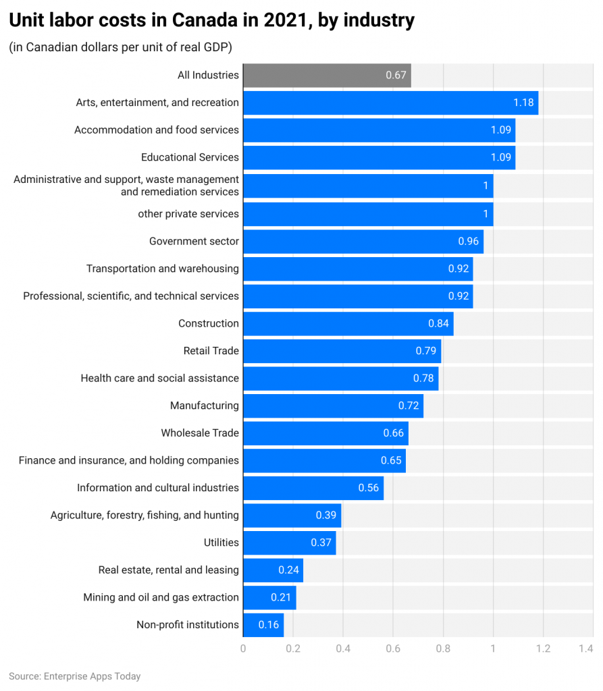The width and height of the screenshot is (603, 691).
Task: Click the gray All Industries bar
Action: (327, 75)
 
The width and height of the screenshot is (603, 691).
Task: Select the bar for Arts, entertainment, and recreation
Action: (390, 103)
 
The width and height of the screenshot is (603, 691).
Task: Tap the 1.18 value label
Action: (523, 103)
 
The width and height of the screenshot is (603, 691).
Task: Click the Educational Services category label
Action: (190, 157)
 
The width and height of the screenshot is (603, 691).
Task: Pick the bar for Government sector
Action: (363, 241)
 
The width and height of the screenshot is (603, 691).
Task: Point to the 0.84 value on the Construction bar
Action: (438, 323)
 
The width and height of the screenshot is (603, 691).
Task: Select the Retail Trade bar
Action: (342, 351)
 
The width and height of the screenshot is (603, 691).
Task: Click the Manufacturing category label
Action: (204, 406)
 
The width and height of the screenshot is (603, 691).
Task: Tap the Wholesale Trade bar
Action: (325, 433)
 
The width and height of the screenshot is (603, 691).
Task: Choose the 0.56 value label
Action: (369, 488)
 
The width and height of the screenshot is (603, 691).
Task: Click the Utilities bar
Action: (289, 543)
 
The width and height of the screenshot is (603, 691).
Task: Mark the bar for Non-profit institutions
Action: (263, 625)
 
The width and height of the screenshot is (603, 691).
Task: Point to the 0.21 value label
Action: (281, 597)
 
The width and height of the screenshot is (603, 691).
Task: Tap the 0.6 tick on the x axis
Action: (393, 648)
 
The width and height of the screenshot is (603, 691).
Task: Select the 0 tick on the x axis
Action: (243, 648)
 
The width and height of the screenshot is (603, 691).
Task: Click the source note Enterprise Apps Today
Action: (75, 675)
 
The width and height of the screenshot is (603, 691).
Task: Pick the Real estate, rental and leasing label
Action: (168, 570)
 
